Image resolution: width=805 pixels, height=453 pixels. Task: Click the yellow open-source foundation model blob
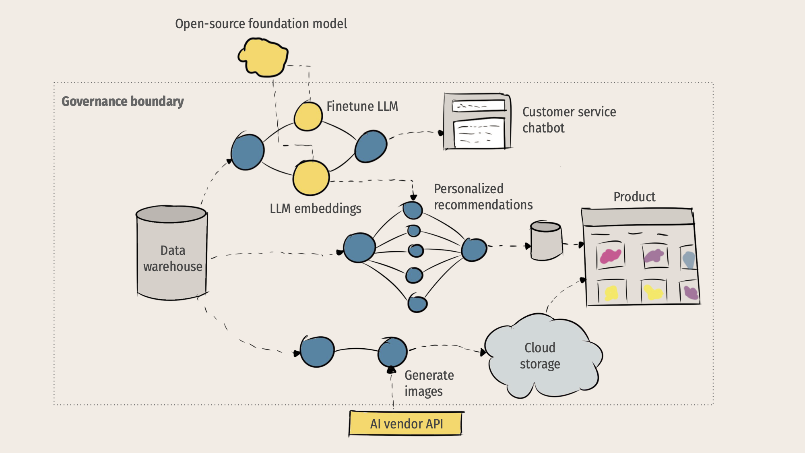[x=264, y=57]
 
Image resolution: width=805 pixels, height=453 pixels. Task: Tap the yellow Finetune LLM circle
[x=308, y=116]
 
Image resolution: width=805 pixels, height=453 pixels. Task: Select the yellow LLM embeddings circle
[x=311, y=178]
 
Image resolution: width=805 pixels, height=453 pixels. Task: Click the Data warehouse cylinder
[x=172, y=254]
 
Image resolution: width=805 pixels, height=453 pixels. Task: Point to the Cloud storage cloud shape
[x=541, y=356]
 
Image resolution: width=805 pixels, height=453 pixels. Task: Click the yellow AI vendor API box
[x=406, y=424]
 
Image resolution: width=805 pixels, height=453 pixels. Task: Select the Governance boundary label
[x=122, y=101]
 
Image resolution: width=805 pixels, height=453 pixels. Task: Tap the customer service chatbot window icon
[x=477, y=122]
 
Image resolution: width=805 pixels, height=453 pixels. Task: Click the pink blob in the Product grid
[x=610, y=256]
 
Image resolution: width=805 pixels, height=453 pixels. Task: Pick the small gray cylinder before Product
[x=546, y=241]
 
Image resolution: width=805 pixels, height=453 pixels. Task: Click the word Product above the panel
[x=634, y=197]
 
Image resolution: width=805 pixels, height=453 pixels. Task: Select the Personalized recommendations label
[x=483, y=197]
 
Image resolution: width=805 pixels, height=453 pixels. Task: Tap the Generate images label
[x=429, y=383]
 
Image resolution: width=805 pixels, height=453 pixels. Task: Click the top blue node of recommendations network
[x=413, y=210]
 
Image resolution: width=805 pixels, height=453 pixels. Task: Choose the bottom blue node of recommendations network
[x=417, y=304]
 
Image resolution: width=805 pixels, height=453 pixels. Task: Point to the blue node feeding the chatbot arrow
[x=371, y=147]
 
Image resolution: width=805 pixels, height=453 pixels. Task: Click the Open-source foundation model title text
[x=261, y=24]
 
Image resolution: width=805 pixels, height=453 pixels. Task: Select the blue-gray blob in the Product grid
[x=689, y=260]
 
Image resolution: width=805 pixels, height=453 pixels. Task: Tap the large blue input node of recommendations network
[x=359, y=248]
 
